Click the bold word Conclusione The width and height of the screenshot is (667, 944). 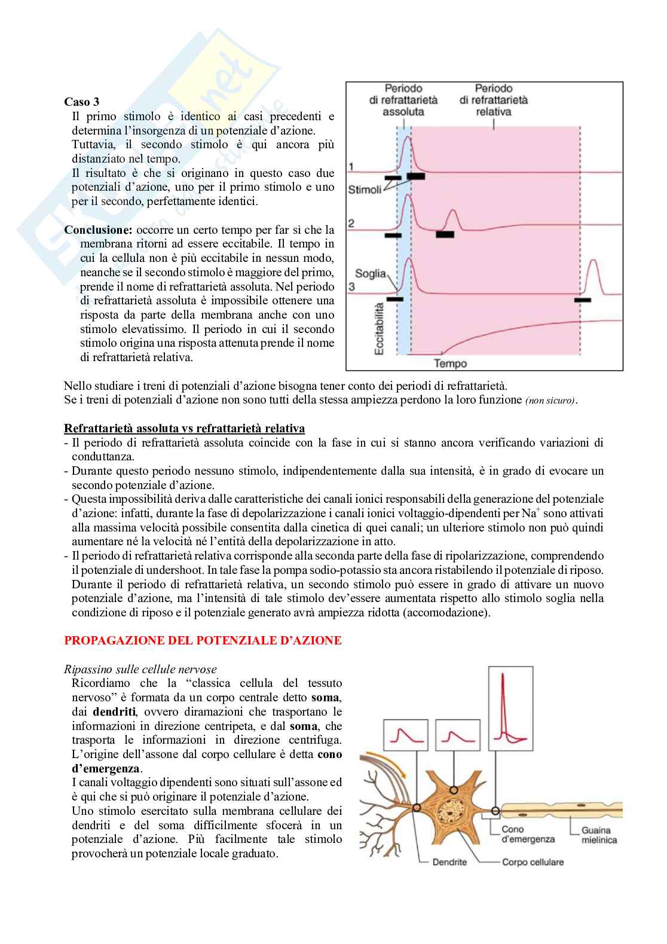click(x=98, y=230)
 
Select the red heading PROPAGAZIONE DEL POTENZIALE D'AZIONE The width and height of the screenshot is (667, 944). click(x=203, y=640)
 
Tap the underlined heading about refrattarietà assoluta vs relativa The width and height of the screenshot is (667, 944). click(x=184, y=428)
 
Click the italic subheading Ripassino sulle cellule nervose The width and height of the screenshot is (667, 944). click(x=140, y=669)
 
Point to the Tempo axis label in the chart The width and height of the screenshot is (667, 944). click(x=450, y=363)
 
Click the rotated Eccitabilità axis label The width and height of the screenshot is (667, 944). click(x=379, y=328)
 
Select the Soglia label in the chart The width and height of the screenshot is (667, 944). click(x=370, y=274)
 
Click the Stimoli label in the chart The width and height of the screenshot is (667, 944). click(x=365, y=190)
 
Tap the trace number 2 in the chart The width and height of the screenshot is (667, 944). click(x=351, y=223)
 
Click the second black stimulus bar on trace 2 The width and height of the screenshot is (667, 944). click(x=445, y=234)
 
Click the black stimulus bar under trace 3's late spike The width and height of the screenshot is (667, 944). click(x=582, y=300)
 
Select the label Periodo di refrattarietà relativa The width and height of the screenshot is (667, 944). click(x=493, y=100)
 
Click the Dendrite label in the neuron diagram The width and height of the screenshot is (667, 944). click(x=449, y=861)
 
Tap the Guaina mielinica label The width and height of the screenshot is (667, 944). click(x=599, y=835)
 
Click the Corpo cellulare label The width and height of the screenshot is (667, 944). click(x=533, y=861)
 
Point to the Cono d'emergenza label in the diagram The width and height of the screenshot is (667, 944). click(x=528, y=834)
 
